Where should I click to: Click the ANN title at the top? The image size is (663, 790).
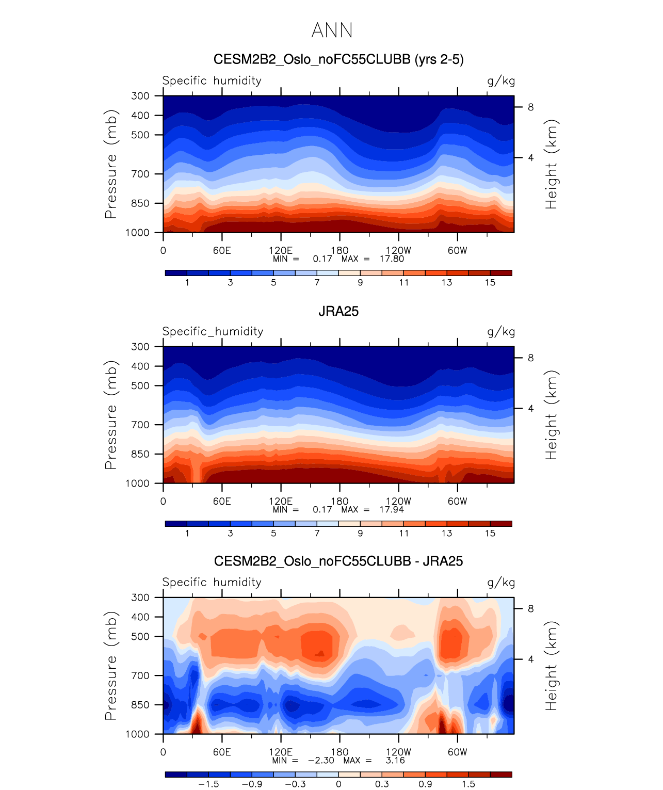332,30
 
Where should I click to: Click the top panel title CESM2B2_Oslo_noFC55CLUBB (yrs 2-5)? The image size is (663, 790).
338,60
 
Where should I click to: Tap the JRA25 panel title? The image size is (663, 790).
338,311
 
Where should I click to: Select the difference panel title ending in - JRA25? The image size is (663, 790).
338,561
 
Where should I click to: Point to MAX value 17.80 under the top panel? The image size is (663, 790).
392,259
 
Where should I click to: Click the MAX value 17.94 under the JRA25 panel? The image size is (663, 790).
392,509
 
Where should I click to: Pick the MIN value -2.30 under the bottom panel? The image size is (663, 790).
321,760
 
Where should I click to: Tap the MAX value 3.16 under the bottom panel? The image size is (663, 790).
395,760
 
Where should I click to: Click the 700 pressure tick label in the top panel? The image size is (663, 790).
140,174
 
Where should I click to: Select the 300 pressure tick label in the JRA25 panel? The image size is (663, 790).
140,347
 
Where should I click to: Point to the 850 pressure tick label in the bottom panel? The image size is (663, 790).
140,705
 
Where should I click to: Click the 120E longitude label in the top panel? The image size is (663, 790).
281,250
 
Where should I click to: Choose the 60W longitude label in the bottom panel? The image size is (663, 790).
457,752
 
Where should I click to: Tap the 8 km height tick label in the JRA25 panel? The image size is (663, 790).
530,358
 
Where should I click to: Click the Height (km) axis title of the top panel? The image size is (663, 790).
552,164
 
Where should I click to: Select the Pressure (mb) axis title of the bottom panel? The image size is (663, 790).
111,666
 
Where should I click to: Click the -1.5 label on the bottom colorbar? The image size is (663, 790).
208,784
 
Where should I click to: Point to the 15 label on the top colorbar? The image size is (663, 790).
490,282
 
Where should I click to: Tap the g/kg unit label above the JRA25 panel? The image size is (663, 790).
501,332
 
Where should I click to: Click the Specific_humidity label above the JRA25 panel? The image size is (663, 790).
213,331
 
